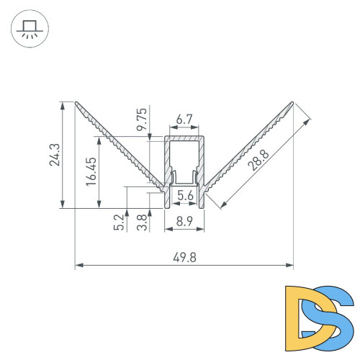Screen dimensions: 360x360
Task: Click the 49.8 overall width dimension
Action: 184,258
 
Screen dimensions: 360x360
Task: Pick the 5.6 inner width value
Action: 184,195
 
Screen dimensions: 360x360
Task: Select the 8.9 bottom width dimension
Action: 184,223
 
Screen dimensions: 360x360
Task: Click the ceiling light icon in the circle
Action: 28,30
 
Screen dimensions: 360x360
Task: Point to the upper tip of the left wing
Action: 76,102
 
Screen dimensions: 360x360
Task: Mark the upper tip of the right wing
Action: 293,102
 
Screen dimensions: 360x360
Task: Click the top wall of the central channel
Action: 184,136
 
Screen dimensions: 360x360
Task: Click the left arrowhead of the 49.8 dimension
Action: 78,266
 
